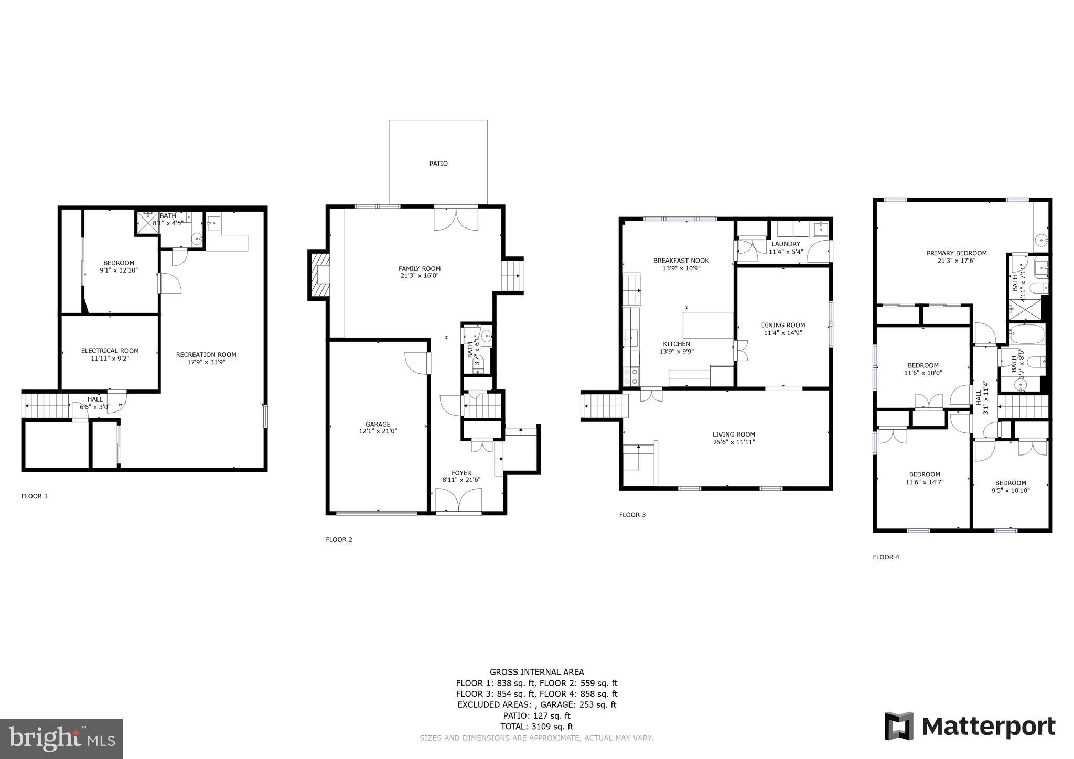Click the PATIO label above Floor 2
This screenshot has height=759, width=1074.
pyautogui.click(x=438, y=164)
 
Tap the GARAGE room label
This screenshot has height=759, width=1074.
pyautogui.click(x=378, y=425)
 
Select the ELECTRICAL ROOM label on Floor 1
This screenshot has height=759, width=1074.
pyautogui.click(x=110, y=351)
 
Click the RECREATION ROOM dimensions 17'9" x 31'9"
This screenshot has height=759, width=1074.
pyautogui.click(x=206, y=362)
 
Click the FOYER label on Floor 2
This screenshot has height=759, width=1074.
pyautogui.click(x=461, y=473)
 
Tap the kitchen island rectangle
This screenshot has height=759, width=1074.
pyautogui.click(x=707, y=325)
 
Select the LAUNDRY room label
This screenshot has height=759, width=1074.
pyautogui.click(x=786, y=244)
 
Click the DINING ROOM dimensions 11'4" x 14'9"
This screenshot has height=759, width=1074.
pyautogui.click(x=783, y=333)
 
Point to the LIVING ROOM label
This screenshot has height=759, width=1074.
pyautogui.click(x=734, y=434)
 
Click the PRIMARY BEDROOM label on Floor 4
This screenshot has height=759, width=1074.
pyautogui.click(x=957, y=253)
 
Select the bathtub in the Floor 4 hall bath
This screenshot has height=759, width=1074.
pyautogui.click(x=1027, y=334)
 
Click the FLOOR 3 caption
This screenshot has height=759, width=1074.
pyautogui.click(x=632, y=515)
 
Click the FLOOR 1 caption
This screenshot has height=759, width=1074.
pyautogui.click(x=35, y=496)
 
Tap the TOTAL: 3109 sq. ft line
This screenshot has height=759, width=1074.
pyautogui.click(x=536, y=727)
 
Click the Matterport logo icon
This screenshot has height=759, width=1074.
pyautogui.click(x=899, y=726)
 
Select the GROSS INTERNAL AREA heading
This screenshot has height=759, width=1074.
pyautogui.click(x=536, y=672)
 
